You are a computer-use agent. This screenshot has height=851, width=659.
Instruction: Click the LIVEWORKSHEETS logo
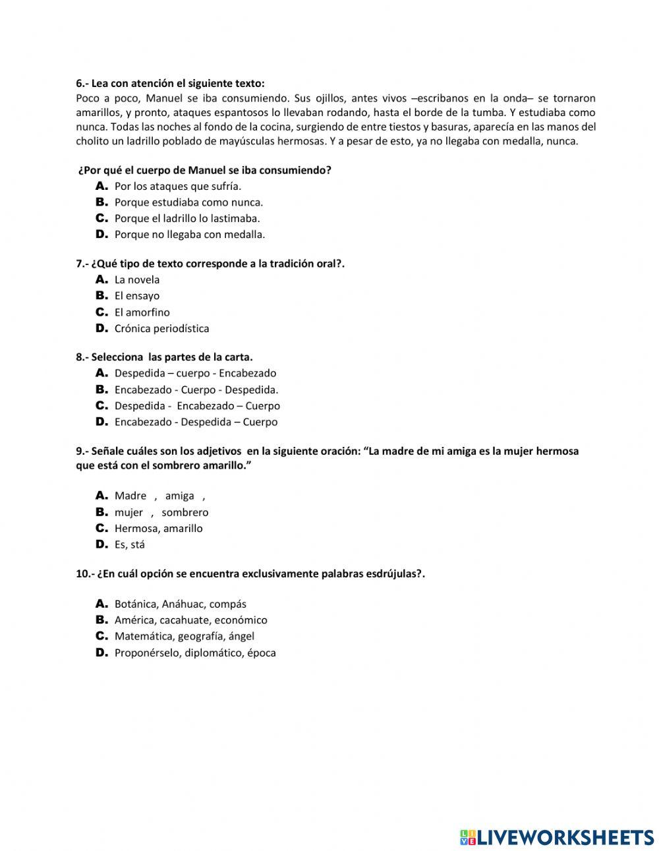(556, 837)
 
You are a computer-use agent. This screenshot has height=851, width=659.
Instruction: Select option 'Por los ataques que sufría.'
(177, 187)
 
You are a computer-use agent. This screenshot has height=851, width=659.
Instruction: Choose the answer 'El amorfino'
(142, 312)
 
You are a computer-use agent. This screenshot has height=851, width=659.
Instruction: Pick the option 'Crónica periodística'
(161, 328)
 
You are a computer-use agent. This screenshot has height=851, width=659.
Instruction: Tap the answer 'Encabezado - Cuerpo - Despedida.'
(196, 390)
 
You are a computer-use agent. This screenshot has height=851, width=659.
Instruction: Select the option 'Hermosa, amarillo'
(158, 529)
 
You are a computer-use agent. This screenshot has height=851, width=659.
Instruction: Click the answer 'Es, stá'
(129, 544)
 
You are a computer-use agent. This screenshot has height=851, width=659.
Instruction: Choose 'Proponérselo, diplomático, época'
(194, 653)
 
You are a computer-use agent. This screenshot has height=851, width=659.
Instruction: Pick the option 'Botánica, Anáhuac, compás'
(180, 604)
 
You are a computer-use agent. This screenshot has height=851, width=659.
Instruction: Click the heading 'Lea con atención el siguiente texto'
(177, 84)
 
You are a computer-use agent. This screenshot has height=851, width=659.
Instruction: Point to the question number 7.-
(82, 264)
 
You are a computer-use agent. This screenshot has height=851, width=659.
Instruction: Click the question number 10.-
(84, 574)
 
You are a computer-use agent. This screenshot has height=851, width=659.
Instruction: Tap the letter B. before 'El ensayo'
(101, 296)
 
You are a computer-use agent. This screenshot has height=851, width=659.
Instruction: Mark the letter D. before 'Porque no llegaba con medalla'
(101, 234)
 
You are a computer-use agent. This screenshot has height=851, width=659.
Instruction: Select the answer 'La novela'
(136, 280)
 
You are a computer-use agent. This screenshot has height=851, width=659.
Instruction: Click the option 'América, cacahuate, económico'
(190, 620)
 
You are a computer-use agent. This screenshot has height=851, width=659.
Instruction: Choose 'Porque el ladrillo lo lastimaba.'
(187, 219)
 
